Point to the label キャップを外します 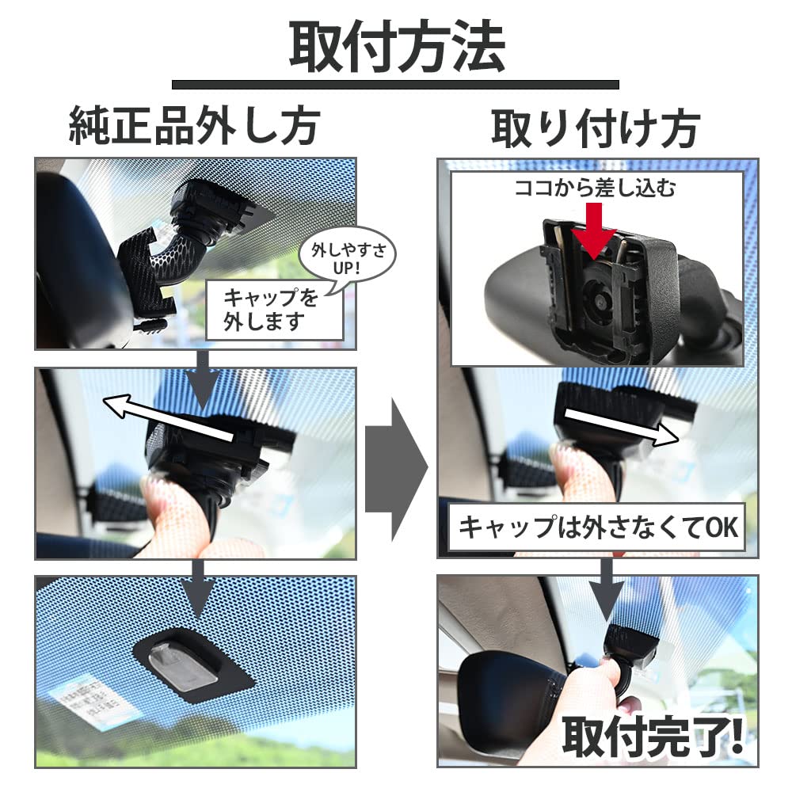coord(273,310)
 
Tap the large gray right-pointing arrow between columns coord(396,468)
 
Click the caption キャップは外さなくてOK coord(597,527)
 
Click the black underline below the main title coord(396,84)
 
